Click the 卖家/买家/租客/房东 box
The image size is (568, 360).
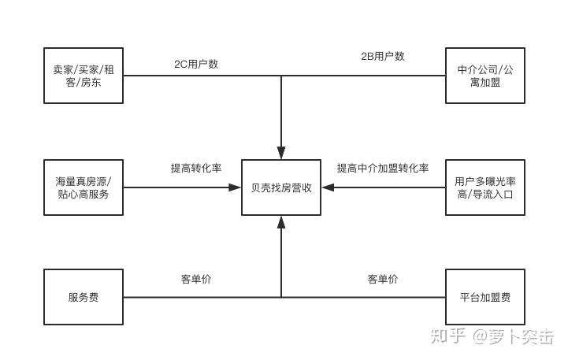(x=84, y=76)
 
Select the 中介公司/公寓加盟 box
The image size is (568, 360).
(x=484, y=76)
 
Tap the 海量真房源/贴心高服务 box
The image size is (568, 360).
(x=84, y=187)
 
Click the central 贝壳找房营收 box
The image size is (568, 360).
(x=281, y=187)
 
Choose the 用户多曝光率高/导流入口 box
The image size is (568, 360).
(x=484, y=187)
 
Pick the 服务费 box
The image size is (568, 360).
(x=84, y=297)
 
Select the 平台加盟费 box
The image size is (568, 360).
(x=484, y=297)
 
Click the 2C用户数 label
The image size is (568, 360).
(x=196, y=64)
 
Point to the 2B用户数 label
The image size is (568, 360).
(x=383, y=56)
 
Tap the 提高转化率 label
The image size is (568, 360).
(x=196, y=169)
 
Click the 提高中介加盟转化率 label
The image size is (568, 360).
(x=383, y=169)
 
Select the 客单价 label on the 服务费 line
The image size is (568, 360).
(x=196, y=279)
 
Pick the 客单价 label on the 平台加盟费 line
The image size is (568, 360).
(x=383, y=279)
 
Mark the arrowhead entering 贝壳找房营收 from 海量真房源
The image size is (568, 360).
(x=235, y=187)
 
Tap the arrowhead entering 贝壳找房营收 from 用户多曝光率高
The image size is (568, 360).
(x=329, y=187)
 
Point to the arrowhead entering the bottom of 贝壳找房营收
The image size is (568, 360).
(x=281, y=222)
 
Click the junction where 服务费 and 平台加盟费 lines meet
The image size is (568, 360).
(x=281, y=297)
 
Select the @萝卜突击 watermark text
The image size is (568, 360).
(x=514, y=336)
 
